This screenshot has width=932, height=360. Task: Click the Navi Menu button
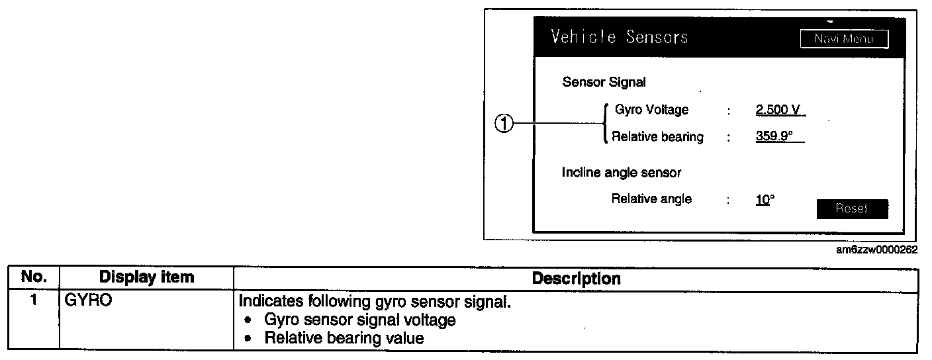point(843,39)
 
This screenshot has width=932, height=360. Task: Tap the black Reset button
point(851,208)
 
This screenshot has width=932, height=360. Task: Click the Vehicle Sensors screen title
point(619,37)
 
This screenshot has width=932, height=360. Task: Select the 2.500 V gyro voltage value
point(780,110)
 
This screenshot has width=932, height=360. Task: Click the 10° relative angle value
point(764,199)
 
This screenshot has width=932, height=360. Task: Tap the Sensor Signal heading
point(604,82)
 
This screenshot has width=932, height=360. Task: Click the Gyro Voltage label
point(651,110)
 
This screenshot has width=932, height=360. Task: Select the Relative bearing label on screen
point(657,138)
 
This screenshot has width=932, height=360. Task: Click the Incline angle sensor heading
point(622,173)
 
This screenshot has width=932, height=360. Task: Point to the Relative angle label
point(651,199)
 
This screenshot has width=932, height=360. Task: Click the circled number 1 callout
point(505,123)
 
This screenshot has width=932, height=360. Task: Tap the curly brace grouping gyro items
point(604,123)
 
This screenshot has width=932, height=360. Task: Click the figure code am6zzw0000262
point(876,250)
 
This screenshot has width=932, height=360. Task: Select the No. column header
point(34,277)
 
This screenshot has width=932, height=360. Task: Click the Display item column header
point(147,277)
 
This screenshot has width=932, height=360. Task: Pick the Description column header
point(576,278)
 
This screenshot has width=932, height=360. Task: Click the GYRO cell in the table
point(89,301)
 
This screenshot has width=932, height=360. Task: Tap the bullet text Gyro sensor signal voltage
point(359,320)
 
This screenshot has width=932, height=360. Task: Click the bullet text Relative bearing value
point(344,337)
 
